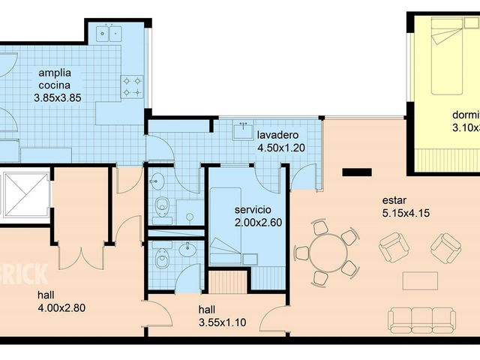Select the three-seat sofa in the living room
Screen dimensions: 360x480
coord(422,319)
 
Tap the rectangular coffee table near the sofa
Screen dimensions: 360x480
coord(420,280)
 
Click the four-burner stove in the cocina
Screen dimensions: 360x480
coord(133,86)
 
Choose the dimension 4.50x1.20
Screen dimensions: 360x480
coord(280,148)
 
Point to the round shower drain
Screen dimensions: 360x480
coord(190,217)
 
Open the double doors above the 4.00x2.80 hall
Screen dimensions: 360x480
coord(81,255)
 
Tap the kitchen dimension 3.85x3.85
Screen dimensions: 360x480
coord(58,97)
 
